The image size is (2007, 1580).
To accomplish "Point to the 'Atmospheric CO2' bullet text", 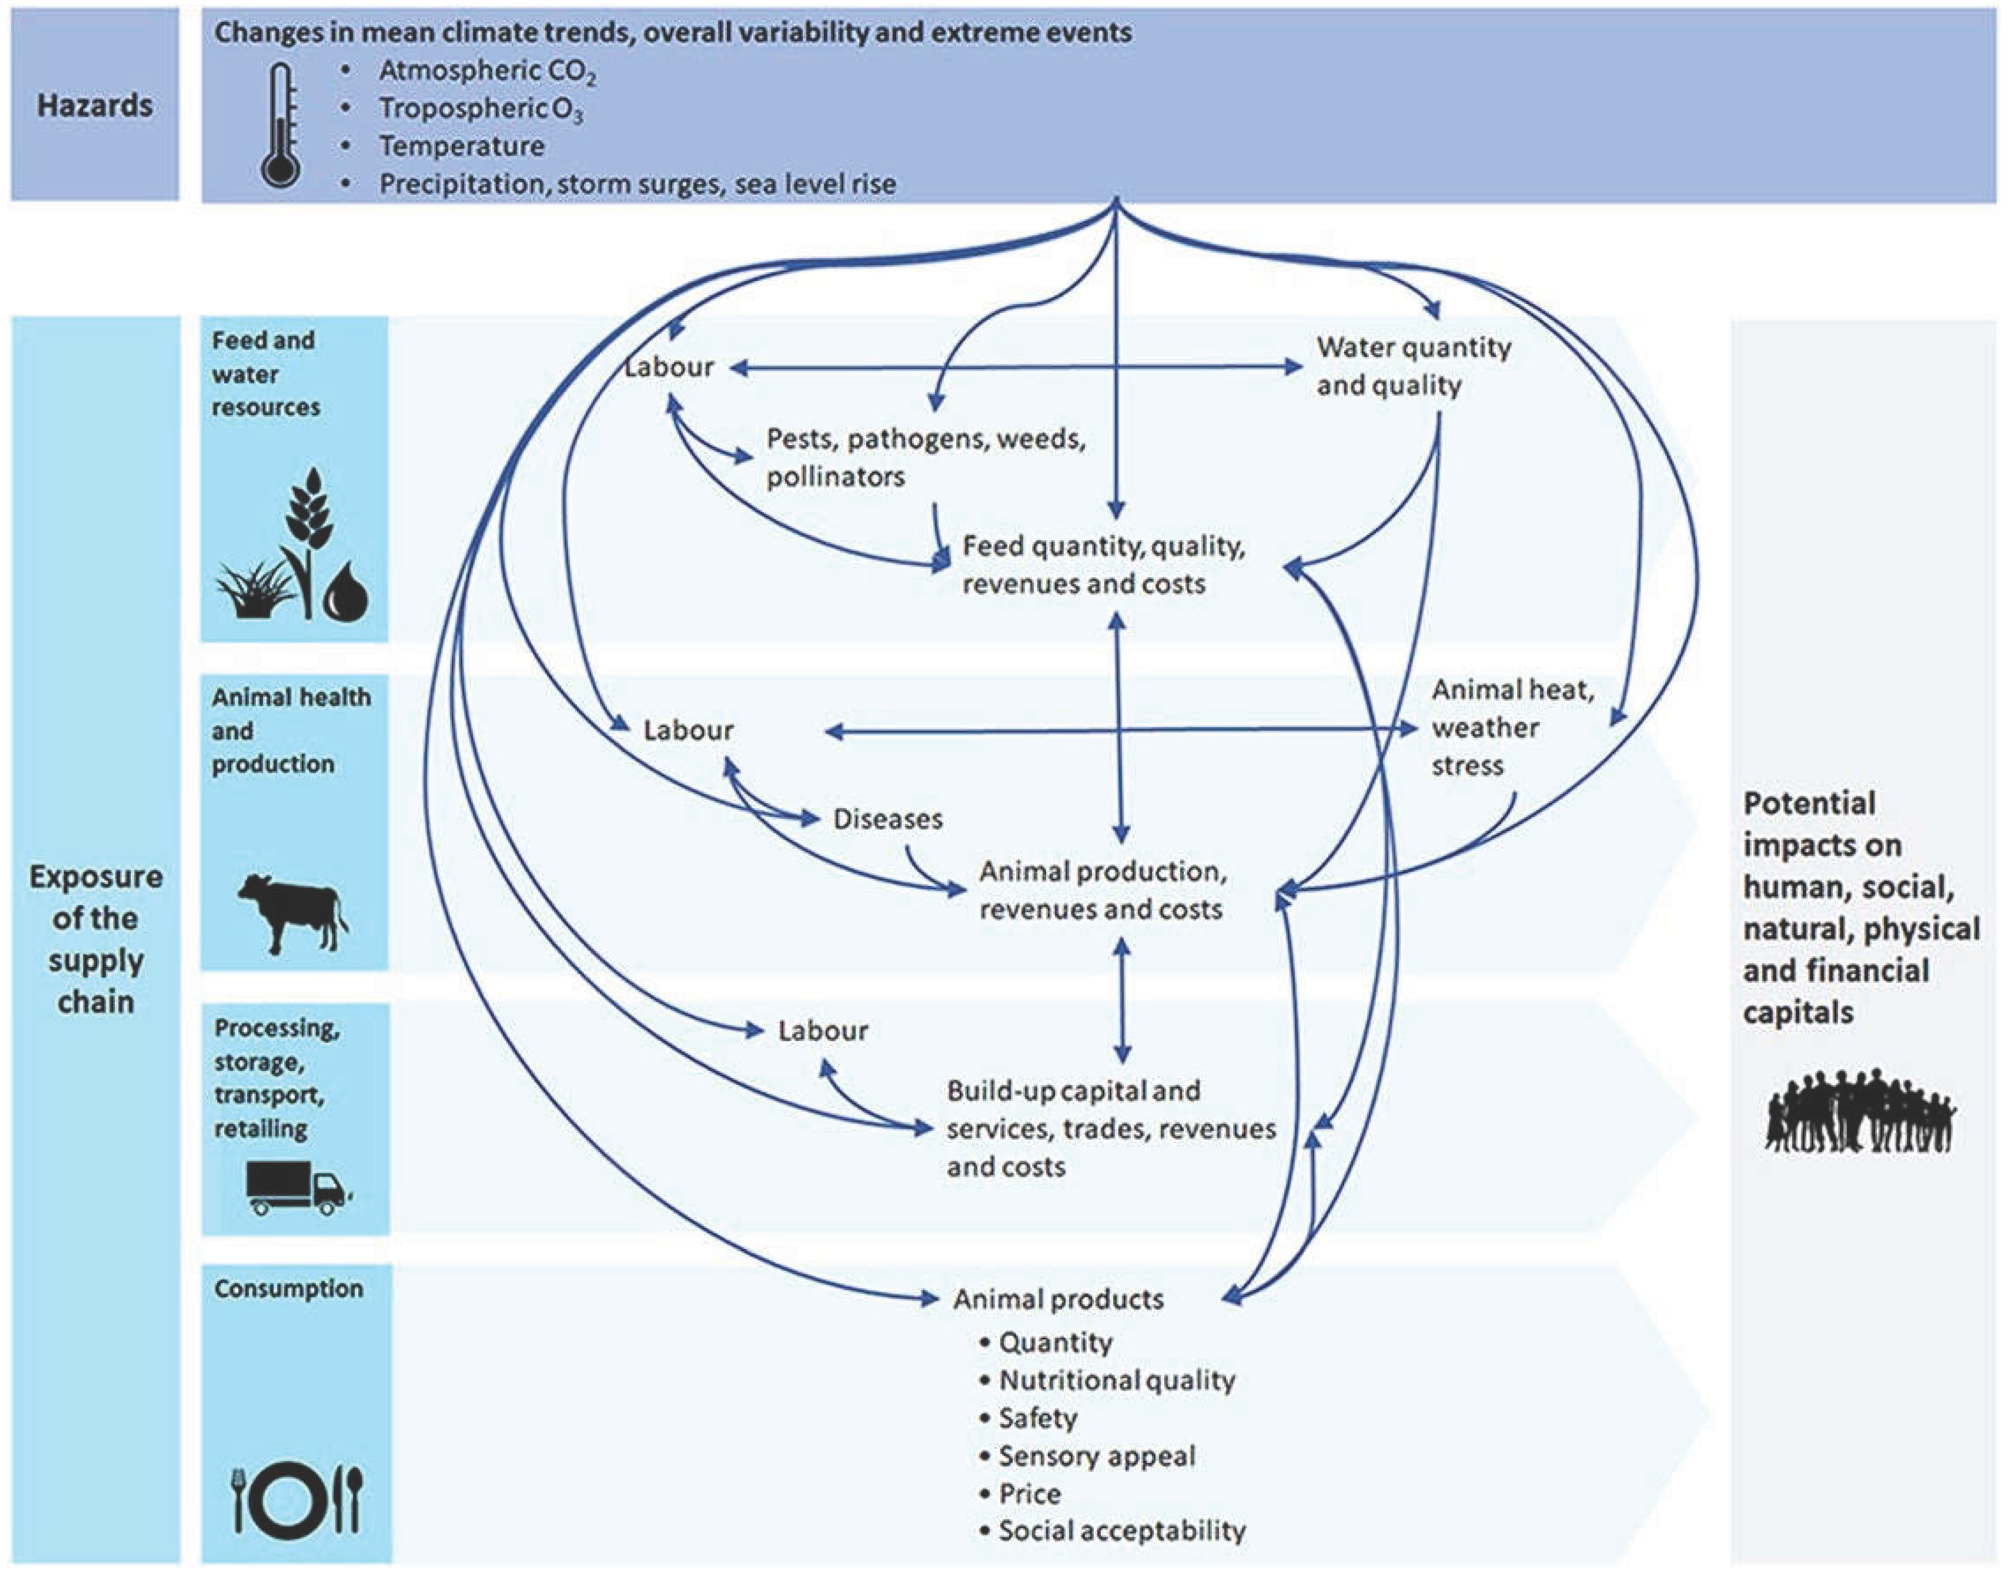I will [487, 71].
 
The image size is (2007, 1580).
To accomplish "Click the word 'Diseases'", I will [887, 819].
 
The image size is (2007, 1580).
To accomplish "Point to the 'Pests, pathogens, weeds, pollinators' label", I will [925, 457].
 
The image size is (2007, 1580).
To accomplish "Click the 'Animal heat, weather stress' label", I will [1511, 727].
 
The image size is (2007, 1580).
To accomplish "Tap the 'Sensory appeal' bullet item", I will [1096, 1456].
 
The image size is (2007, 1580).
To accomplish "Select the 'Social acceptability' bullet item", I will [1121, 1531].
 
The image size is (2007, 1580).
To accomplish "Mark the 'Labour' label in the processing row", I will [822, 1030].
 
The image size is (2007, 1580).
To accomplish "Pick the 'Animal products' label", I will [1058, 1299].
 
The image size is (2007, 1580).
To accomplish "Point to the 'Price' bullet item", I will [1029, 1494].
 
